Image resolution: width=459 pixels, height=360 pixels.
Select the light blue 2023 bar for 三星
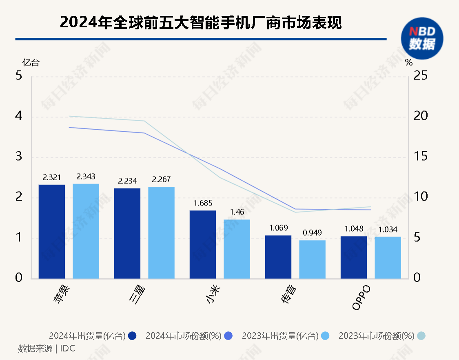pyautogui.click(x=161, y=233)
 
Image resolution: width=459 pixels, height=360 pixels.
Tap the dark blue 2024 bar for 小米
pyautogui.click(x=203, y=245)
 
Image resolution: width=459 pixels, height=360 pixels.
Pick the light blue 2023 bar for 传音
pyautogui.click(x=312, y=259)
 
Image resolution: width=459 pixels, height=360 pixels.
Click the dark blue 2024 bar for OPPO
pyautogui.click(x=354, y=257)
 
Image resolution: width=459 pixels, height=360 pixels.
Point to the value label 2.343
pyautogui.click(x=86, y=177)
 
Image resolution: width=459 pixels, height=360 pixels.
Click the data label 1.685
pyautogui.click(x=203, y=203)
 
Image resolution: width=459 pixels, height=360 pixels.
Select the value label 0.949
pyautogui.click(x=312, y=233)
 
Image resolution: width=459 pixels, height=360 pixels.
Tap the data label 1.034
pyautogui.click(x=388, y=230)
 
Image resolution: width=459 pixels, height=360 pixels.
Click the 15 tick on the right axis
pyautogui.click(x=420, y=157)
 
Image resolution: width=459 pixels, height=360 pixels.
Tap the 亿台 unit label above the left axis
pyautogui.click(x=31, y=63)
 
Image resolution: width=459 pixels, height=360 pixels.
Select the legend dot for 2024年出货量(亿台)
pyautogui.click(x=132, y=336)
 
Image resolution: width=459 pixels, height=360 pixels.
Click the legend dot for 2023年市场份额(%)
pyautogui.click(x=421, y=336)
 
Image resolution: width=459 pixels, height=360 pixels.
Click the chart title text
pyautogui.click(x=200, y=23)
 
